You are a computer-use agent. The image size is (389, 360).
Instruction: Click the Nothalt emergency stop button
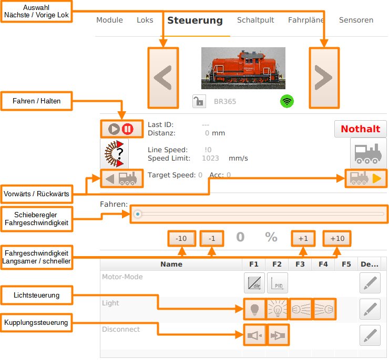[x=361, y=129]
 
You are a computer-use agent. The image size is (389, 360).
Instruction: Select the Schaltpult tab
[x=255, y=20]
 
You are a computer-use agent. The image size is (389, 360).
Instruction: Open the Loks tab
[x=145, y=20]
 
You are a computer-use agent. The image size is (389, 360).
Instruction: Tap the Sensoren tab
[x=356, y=20]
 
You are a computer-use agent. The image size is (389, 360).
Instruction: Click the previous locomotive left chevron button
[x=163, y=78]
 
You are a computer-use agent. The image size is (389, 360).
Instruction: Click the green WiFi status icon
[x=286, y=101]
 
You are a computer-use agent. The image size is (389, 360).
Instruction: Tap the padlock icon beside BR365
[x=199, y=101]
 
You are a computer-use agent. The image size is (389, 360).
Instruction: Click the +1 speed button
[x=303, y=238]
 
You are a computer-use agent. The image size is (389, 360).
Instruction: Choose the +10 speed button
[x=337, y=238]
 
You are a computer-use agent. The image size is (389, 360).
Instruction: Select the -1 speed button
[x=212, y=238]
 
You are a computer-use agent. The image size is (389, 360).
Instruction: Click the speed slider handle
[x=137, y=214]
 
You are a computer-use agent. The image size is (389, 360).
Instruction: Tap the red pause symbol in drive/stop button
[x=128, y=129]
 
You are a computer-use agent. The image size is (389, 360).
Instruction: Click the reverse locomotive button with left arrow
[x=121, y=179]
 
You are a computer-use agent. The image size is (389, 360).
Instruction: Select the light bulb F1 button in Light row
[x=254, y=309]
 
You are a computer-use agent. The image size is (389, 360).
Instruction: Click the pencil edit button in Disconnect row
[x=370, y=335]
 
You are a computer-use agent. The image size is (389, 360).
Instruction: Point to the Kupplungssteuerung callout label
[x=36, y=322]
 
